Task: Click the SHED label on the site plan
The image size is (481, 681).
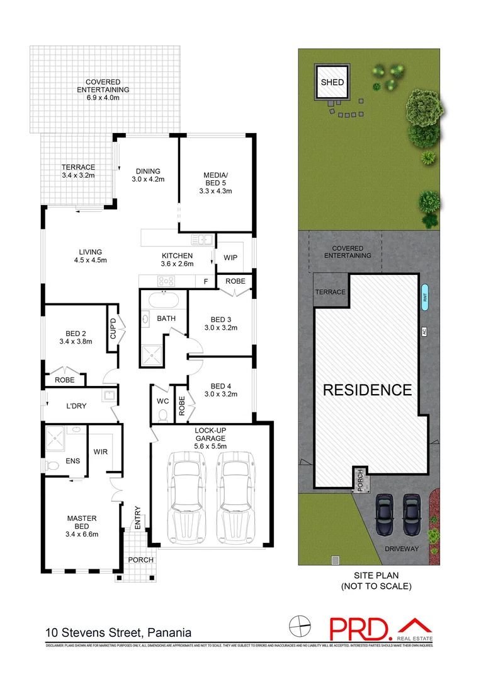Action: pos(332,83)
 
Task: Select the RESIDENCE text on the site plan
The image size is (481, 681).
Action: pos(367,390)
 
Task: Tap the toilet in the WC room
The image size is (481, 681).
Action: pos(163,414)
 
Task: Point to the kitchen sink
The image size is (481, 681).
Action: pos(201,240)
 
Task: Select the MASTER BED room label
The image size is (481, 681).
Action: pos(82,526)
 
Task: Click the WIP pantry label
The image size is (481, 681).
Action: pos(230,257)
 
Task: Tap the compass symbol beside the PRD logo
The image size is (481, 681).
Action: pos(300,627)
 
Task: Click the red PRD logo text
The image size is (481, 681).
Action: pos(359,628)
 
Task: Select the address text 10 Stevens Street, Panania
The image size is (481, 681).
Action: pos(118,632)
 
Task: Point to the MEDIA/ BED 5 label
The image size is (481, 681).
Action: pos(217,183)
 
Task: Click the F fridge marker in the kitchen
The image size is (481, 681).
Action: pos(205,281)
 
